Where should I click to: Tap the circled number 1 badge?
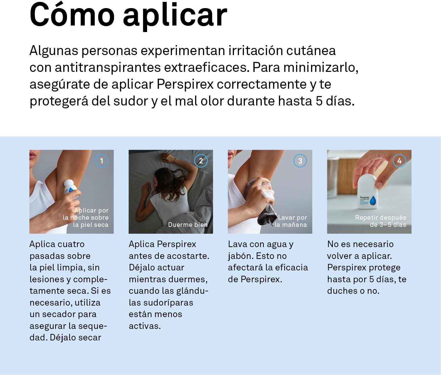(102, 161)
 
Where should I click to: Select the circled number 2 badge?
(201, 161)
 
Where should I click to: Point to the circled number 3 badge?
(300, 161)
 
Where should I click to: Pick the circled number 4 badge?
(400, 161)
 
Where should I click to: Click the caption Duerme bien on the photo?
(188, 225)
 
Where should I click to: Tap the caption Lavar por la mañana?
(291, 221)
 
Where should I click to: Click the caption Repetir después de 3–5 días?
(381, 221)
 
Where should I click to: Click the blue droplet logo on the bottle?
(373, 201)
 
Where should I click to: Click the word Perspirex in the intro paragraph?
(185, 84)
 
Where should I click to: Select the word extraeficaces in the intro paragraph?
(207, 67)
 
